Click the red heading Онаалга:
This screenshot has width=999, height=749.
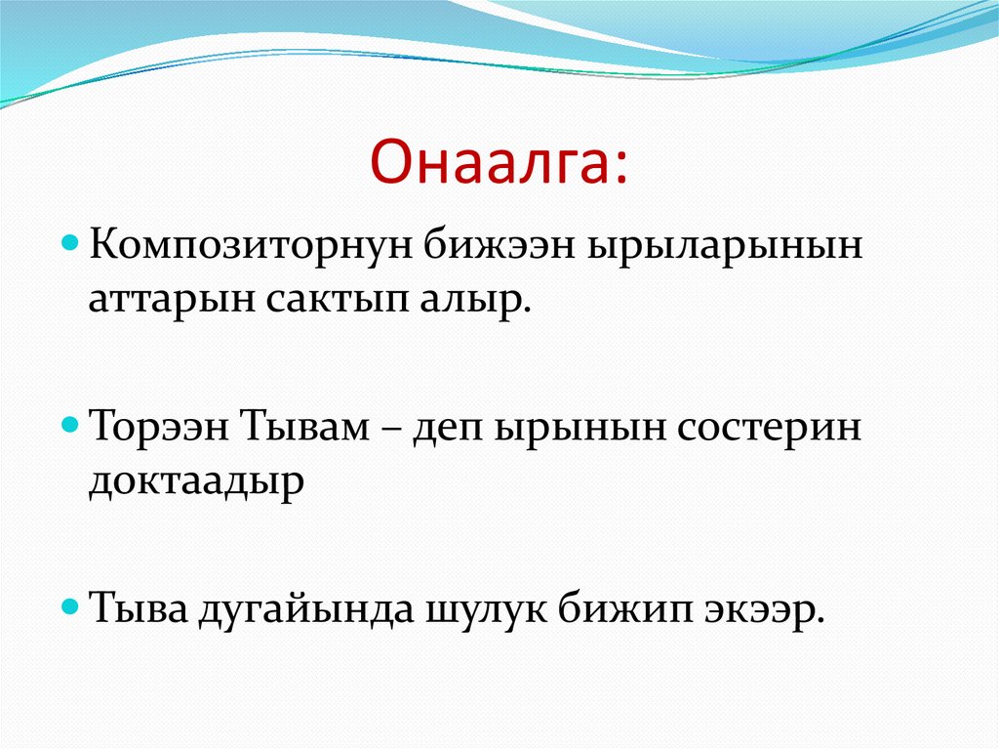[499, 161]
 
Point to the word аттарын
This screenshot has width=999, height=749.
[172, 300]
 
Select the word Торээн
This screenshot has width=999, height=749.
[160, 426]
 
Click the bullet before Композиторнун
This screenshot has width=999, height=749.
[70, 244]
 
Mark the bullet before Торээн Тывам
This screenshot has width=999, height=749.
[70, 424]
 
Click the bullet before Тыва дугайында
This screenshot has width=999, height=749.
[70, 606]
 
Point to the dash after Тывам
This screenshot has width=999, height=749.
[390, 429]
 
